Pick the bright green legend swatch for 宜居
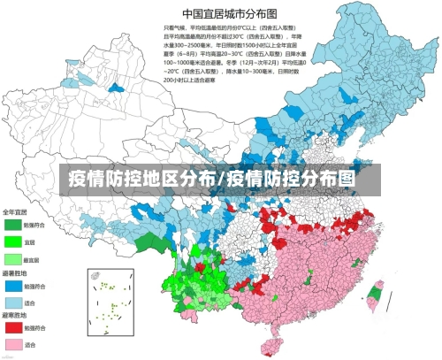(x=12, y=241)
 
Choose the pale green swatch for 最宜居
(x=12, y=258)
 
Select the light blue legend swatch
(x=12, y=302)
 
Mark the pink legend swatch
(x=12, y=343)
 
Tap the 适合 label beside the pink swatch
(x=29, y=344)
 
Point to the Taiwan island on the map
(x=376, y=295)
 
